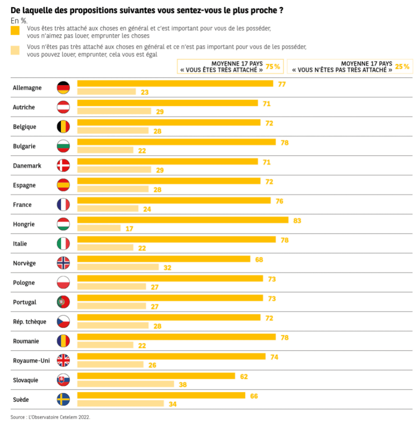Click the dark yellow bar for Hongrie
click(x=183, y=220)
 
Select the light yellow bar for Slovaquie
click(x=125, y=384)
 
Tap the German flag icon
click(x=63, y=88)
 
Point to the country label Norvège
click(x=24, y=263)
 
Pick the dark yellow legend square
click(x=15, y=31)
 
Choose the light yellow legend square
click(x=15, y=50)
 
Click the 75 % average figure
click(x=273, y=66)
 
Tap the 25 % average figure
click(x=402, y=66)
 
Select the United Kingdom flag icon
click(x=63, y=361)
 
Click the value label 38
click(x=183, y=385)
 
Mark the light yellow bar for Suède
click(x=120, y=404)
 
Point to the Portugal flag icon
click(x=63, y=302)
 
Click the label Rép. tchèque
click(x=30, y=322)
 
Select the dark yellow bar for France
click(x=174, y=200)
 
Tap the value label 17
click(x=129, y=228)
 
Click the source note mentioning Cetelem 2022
click(x=50, y=417)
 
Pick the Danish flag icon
click(x=63, y=165)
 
